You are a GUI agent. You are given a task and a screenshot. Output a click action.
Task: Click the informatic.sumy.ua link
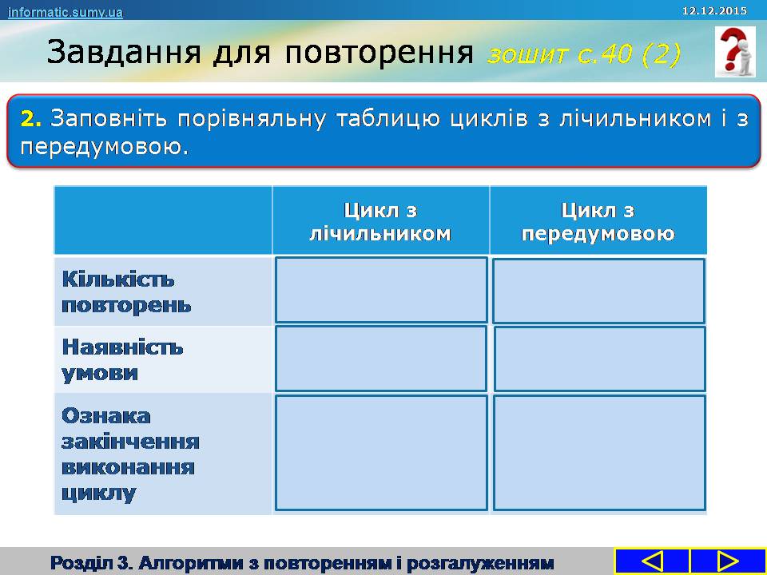point(65,12)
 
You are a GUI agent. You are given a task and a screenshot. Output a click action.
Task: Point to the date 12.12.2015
point(714,10)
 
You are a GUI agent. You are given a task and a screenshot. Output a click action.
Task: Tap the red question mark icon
point(735,52)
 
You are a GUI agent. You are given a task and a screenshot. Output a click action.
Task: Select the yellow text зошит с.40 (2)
point(583,54)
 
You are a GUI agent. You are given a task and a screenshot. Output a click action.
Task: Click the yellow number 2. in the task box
point(31,119)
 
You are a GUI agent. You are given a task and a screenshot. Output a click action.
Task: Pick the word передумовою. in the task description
point(104,147)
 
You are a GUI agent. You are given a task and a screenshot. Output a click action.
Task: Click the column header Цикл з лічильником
point(380,222)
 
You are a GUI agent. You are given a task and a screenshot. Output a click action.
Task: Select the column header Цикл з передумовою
point(598,222)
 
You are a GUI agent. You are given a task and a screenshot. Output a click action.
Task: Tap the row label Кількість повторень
point(126,292)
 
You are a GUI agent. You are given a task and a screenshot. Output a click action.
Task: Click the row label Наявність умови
point(122,360)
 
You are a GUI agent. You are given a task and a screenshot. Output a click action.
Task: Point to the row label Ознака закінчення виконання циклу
point(130,454)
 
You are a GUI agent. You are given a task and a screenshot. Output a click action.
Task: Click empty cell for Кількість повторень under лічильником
point(381,290)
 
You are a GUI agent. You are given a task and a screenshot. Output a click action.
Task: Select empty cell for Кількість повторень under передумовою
point(598,291)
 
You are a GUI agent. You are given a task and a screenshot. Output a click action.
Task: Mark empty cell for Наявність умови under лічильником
point(381,359)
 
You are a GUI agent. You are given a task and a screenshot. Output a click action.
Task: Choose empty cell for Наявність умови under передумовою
point(600,359)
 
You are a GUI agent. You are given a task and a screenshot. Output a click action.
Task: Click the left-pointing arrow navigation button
point(652,561)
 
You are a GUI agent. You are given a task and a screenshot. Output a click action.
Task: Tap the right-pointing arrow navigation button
point(727,561)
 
